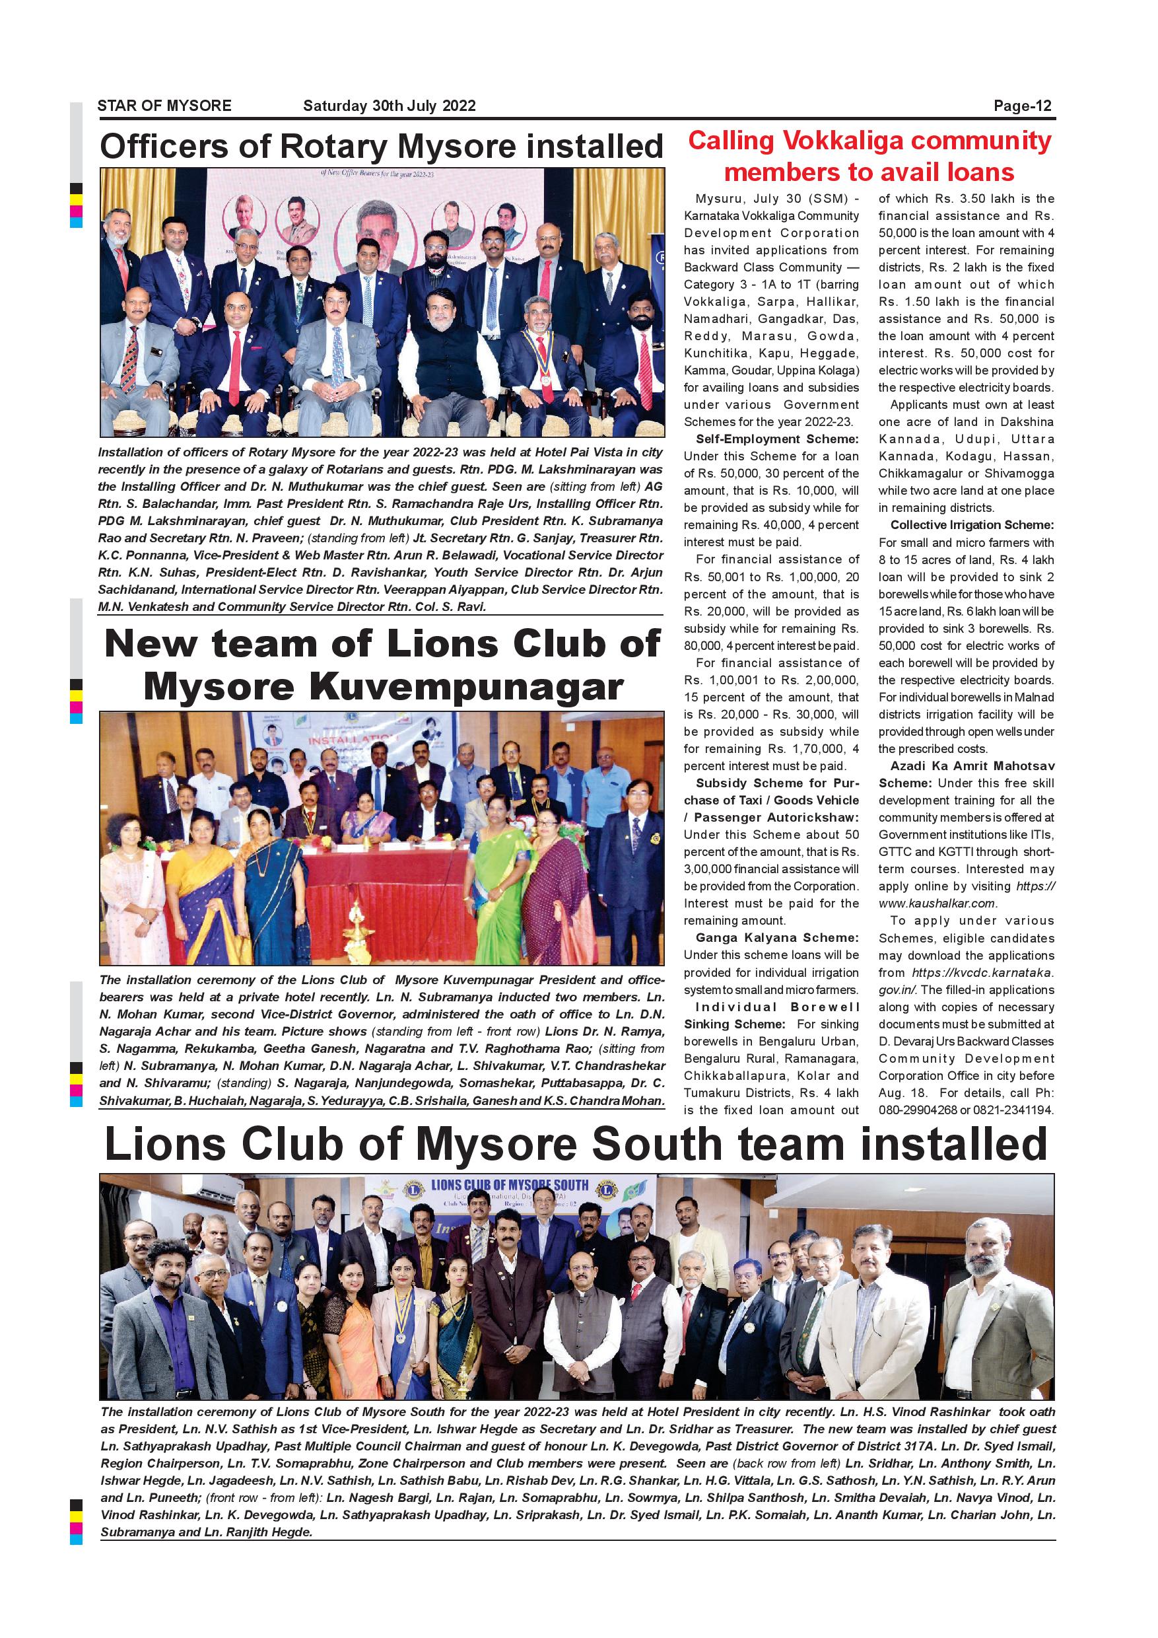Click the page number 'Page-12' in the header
click(1023, 106)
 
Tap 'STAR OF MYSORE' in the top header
click(164, 106)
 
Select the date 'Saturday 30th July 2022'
click(390, 106)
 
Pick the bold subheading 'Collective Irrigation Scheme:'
click(972, 525)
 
